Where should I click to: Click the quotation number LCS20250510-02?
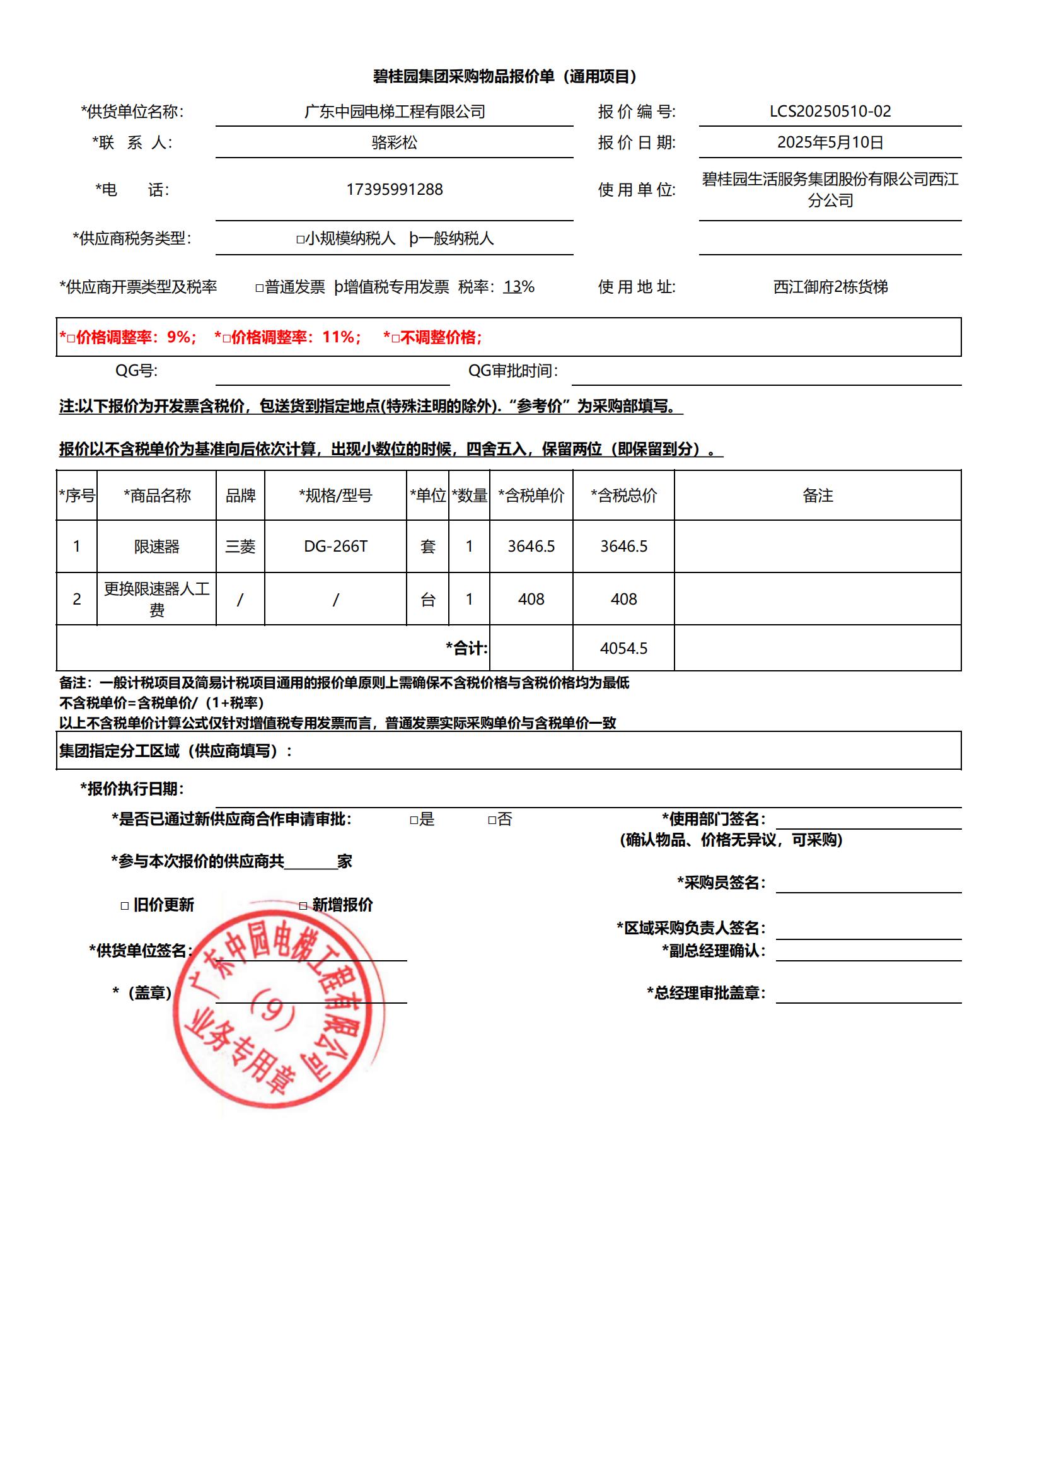click(830, 111)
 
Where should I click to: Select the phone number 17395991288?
click(394, 189)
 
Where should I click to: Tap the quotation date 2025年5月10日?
click(830, 142)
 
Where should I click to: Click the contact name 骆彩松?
click(394, 142)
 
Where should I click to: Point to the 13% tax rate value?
click(519, 287)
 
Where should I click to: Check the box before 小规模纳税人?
click(300, 240)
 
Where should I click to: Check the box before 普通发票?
click(259, 288)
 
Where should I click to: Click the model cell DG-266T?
click(335, 547)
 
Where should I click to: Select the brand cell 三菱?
click(240, 547)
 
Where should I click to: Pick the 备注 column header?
click(818, 495)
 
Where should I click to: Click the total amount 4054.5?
click(623, 648)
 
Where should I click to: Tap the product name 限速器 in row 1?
click(157, 547)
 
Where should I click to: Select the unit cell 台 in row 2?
click(427, 599)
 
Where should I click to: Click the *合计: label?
click(466, 648)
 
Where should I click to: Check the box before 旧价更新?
click(125, 906)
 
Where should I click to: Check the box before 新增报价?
click(303, 906)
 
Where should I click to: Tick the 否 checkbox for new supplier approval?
click(492, 820)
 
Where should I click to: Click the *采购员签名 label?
click(721, 883)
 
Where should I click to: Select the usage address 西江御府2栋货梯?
click(830, 287)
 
